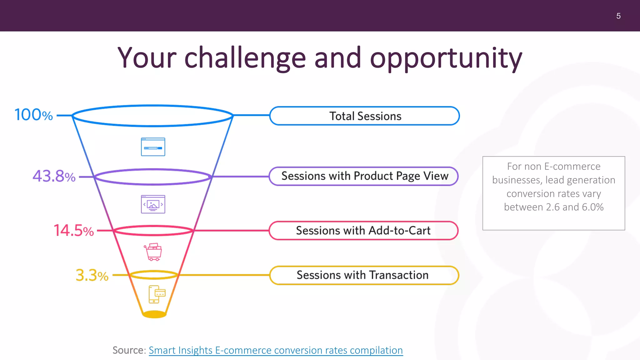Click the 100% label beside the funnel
pos(34,115)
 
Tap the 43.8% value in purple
pos(54,176)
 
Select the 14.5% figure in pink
pos(74,231)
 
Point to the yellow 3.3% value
pos(92,275)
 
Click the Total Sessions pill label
pos(365,116)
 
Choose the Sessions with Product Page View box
pos(364,176)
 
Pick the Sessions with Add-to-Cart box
pos(363,231)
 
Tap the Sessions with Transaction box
pos(363,275)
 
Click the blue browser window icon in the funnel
pos(153,147)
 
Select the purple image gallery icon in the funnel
pos(153,204)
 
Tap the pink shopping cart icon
pos(153,252)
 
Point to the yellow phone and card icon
pos(157,294)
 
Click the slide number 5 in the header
pos(618,16)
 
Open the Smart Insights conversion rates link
pos(276,350)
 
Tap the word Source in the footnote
pos(128,350)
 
